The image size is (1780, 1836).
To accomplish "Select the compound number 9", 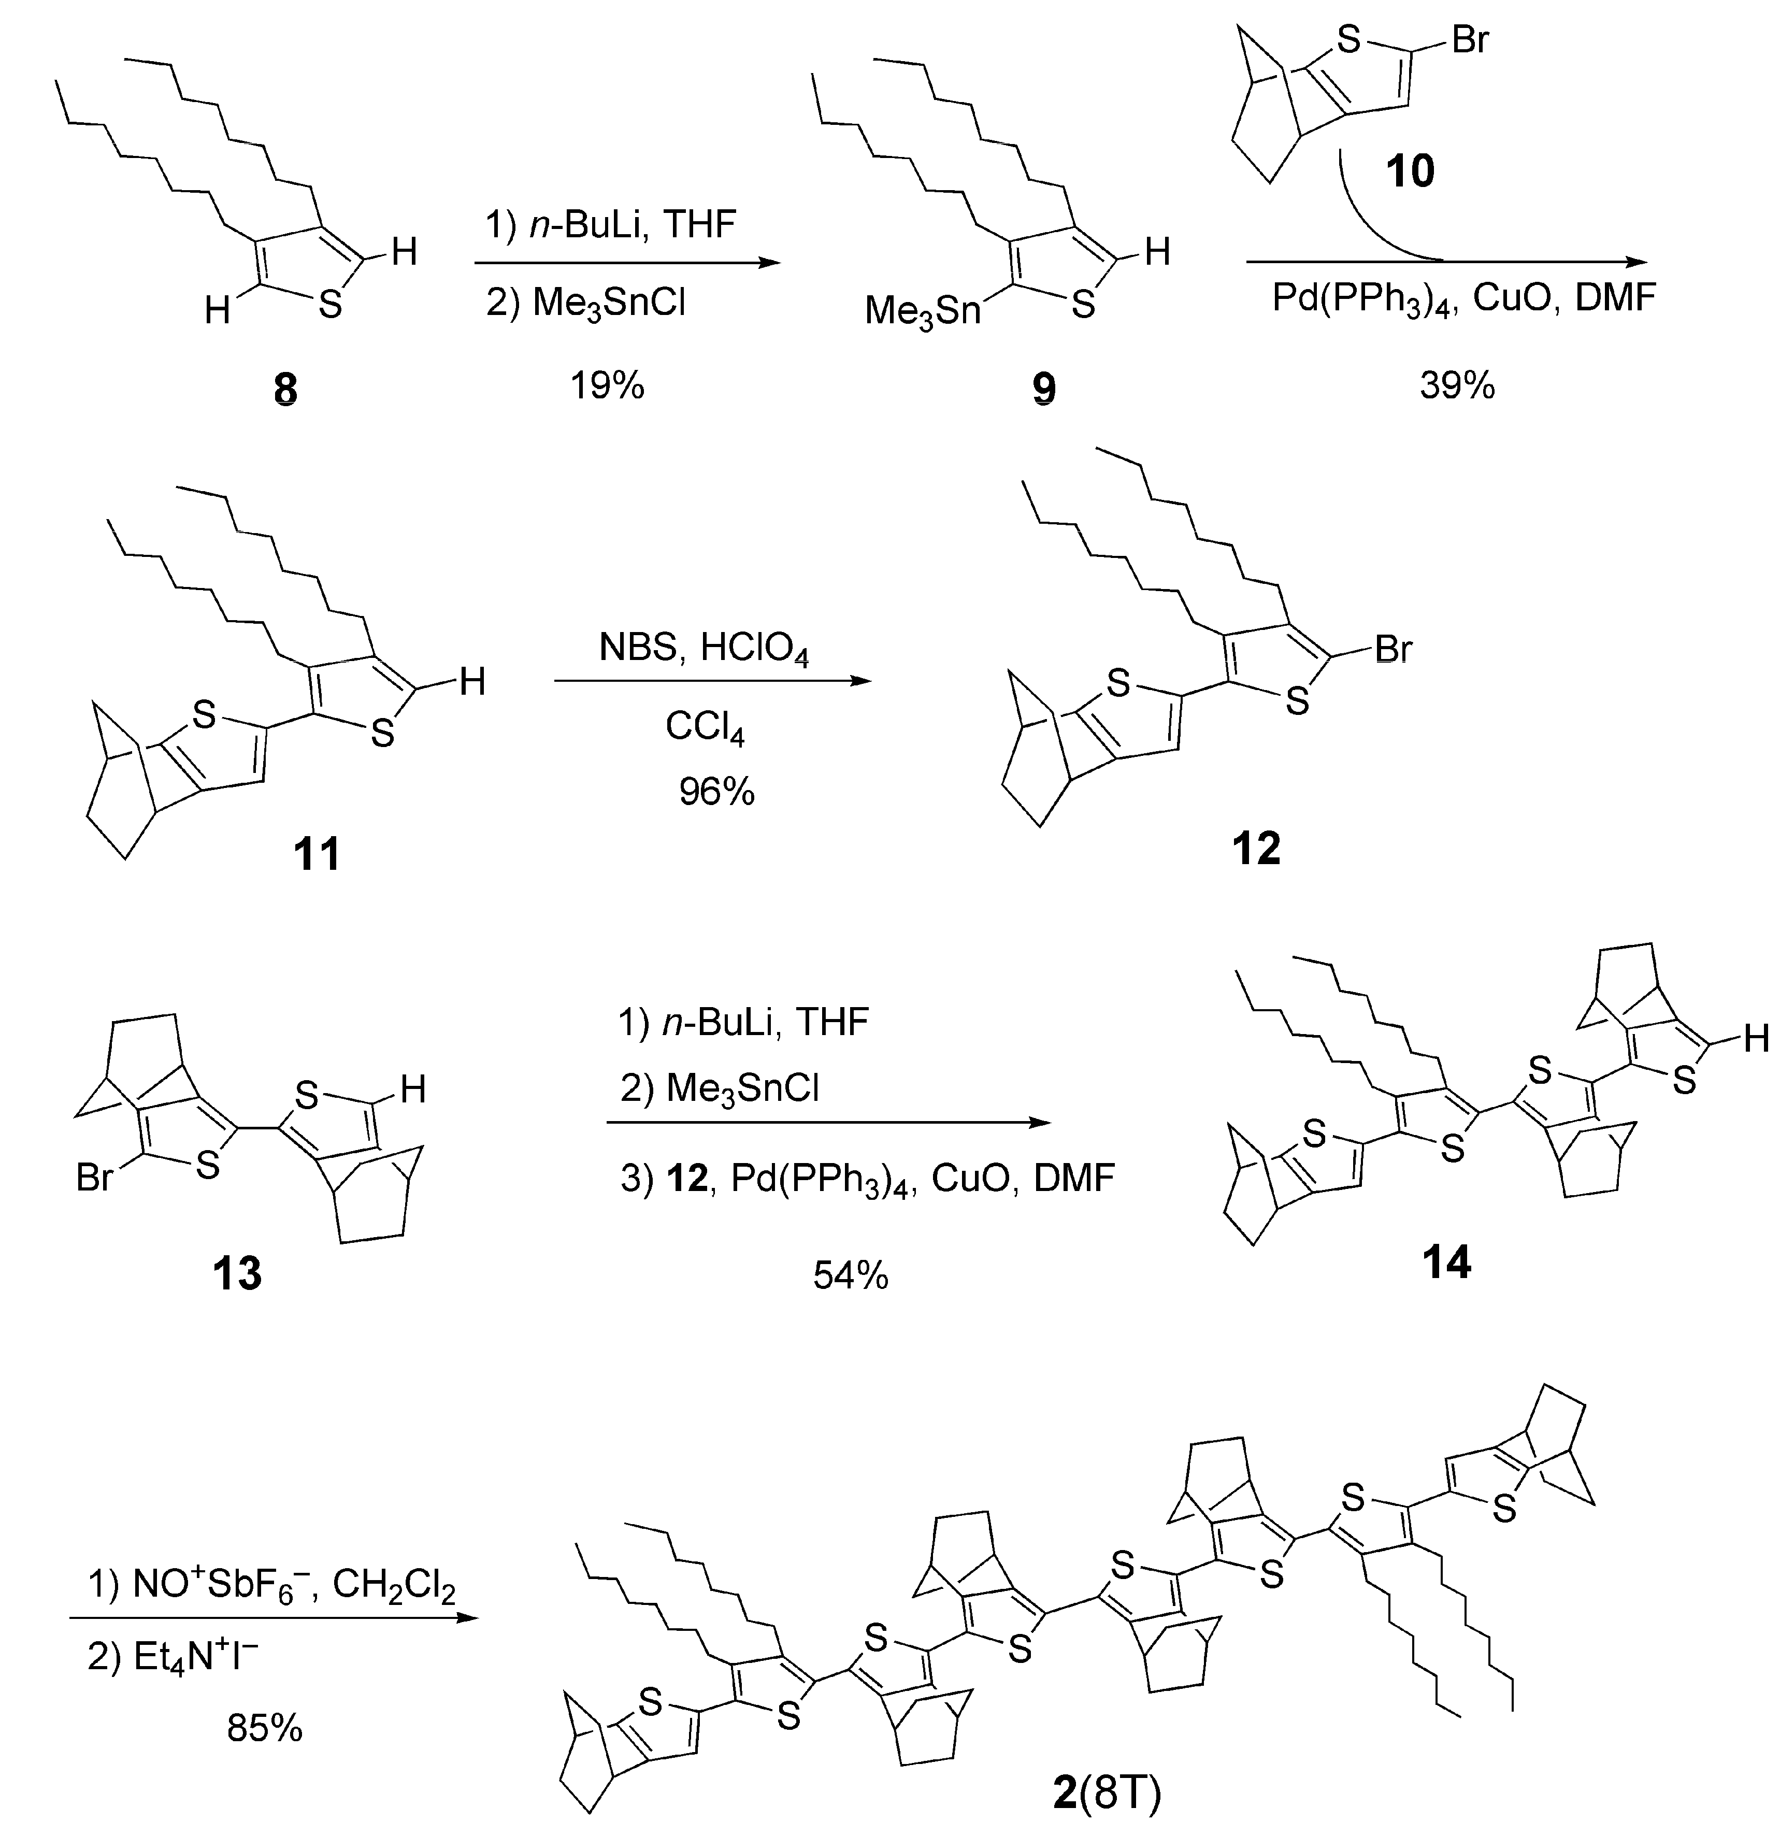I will pos(1044,388).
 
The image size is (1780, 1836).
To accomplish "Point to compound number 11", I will pos(317,854).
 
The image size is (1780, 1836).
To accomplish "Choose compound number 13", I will pos(237,1273).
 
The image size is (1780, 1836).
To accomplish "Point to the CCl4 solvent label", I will pos(705,727).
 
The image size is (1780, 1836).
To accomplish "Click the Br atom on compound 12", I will pos(1393,649).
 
